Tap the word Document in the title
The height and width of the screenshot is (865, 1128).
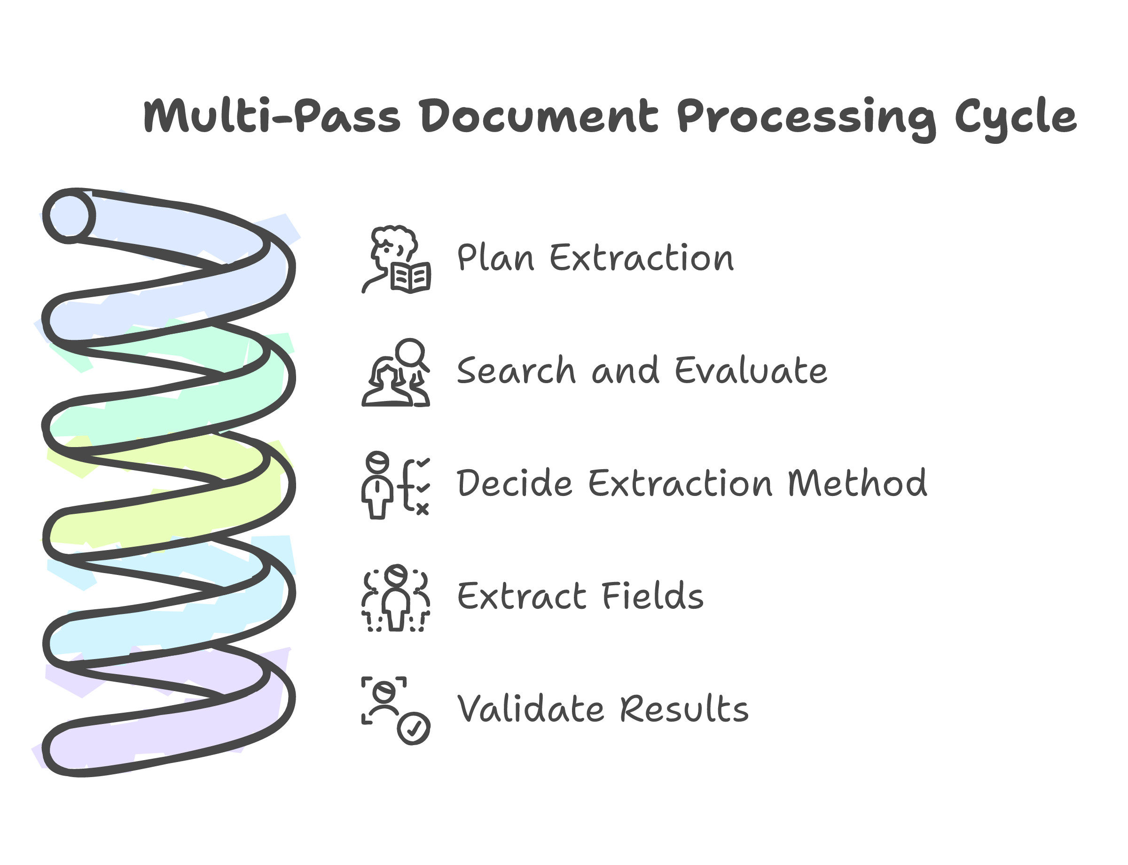[x=539, y=116]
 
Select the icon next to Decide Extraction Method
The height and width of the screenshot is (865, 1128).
[x=395, y=485]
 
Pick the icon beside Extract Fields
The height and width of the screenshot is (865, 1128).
[x=395, y=598]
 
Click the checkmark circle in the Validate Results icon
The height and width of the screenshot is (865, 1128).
[x=414, y=728]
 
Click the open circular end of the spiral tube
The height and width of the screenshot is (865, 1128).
[x=69, y=216]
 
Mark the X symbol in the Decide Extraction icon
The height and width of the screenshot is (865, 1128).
[x=422, y=509]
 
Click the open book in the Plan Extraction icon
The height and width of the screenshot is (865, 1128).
[x=410, y=278]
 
